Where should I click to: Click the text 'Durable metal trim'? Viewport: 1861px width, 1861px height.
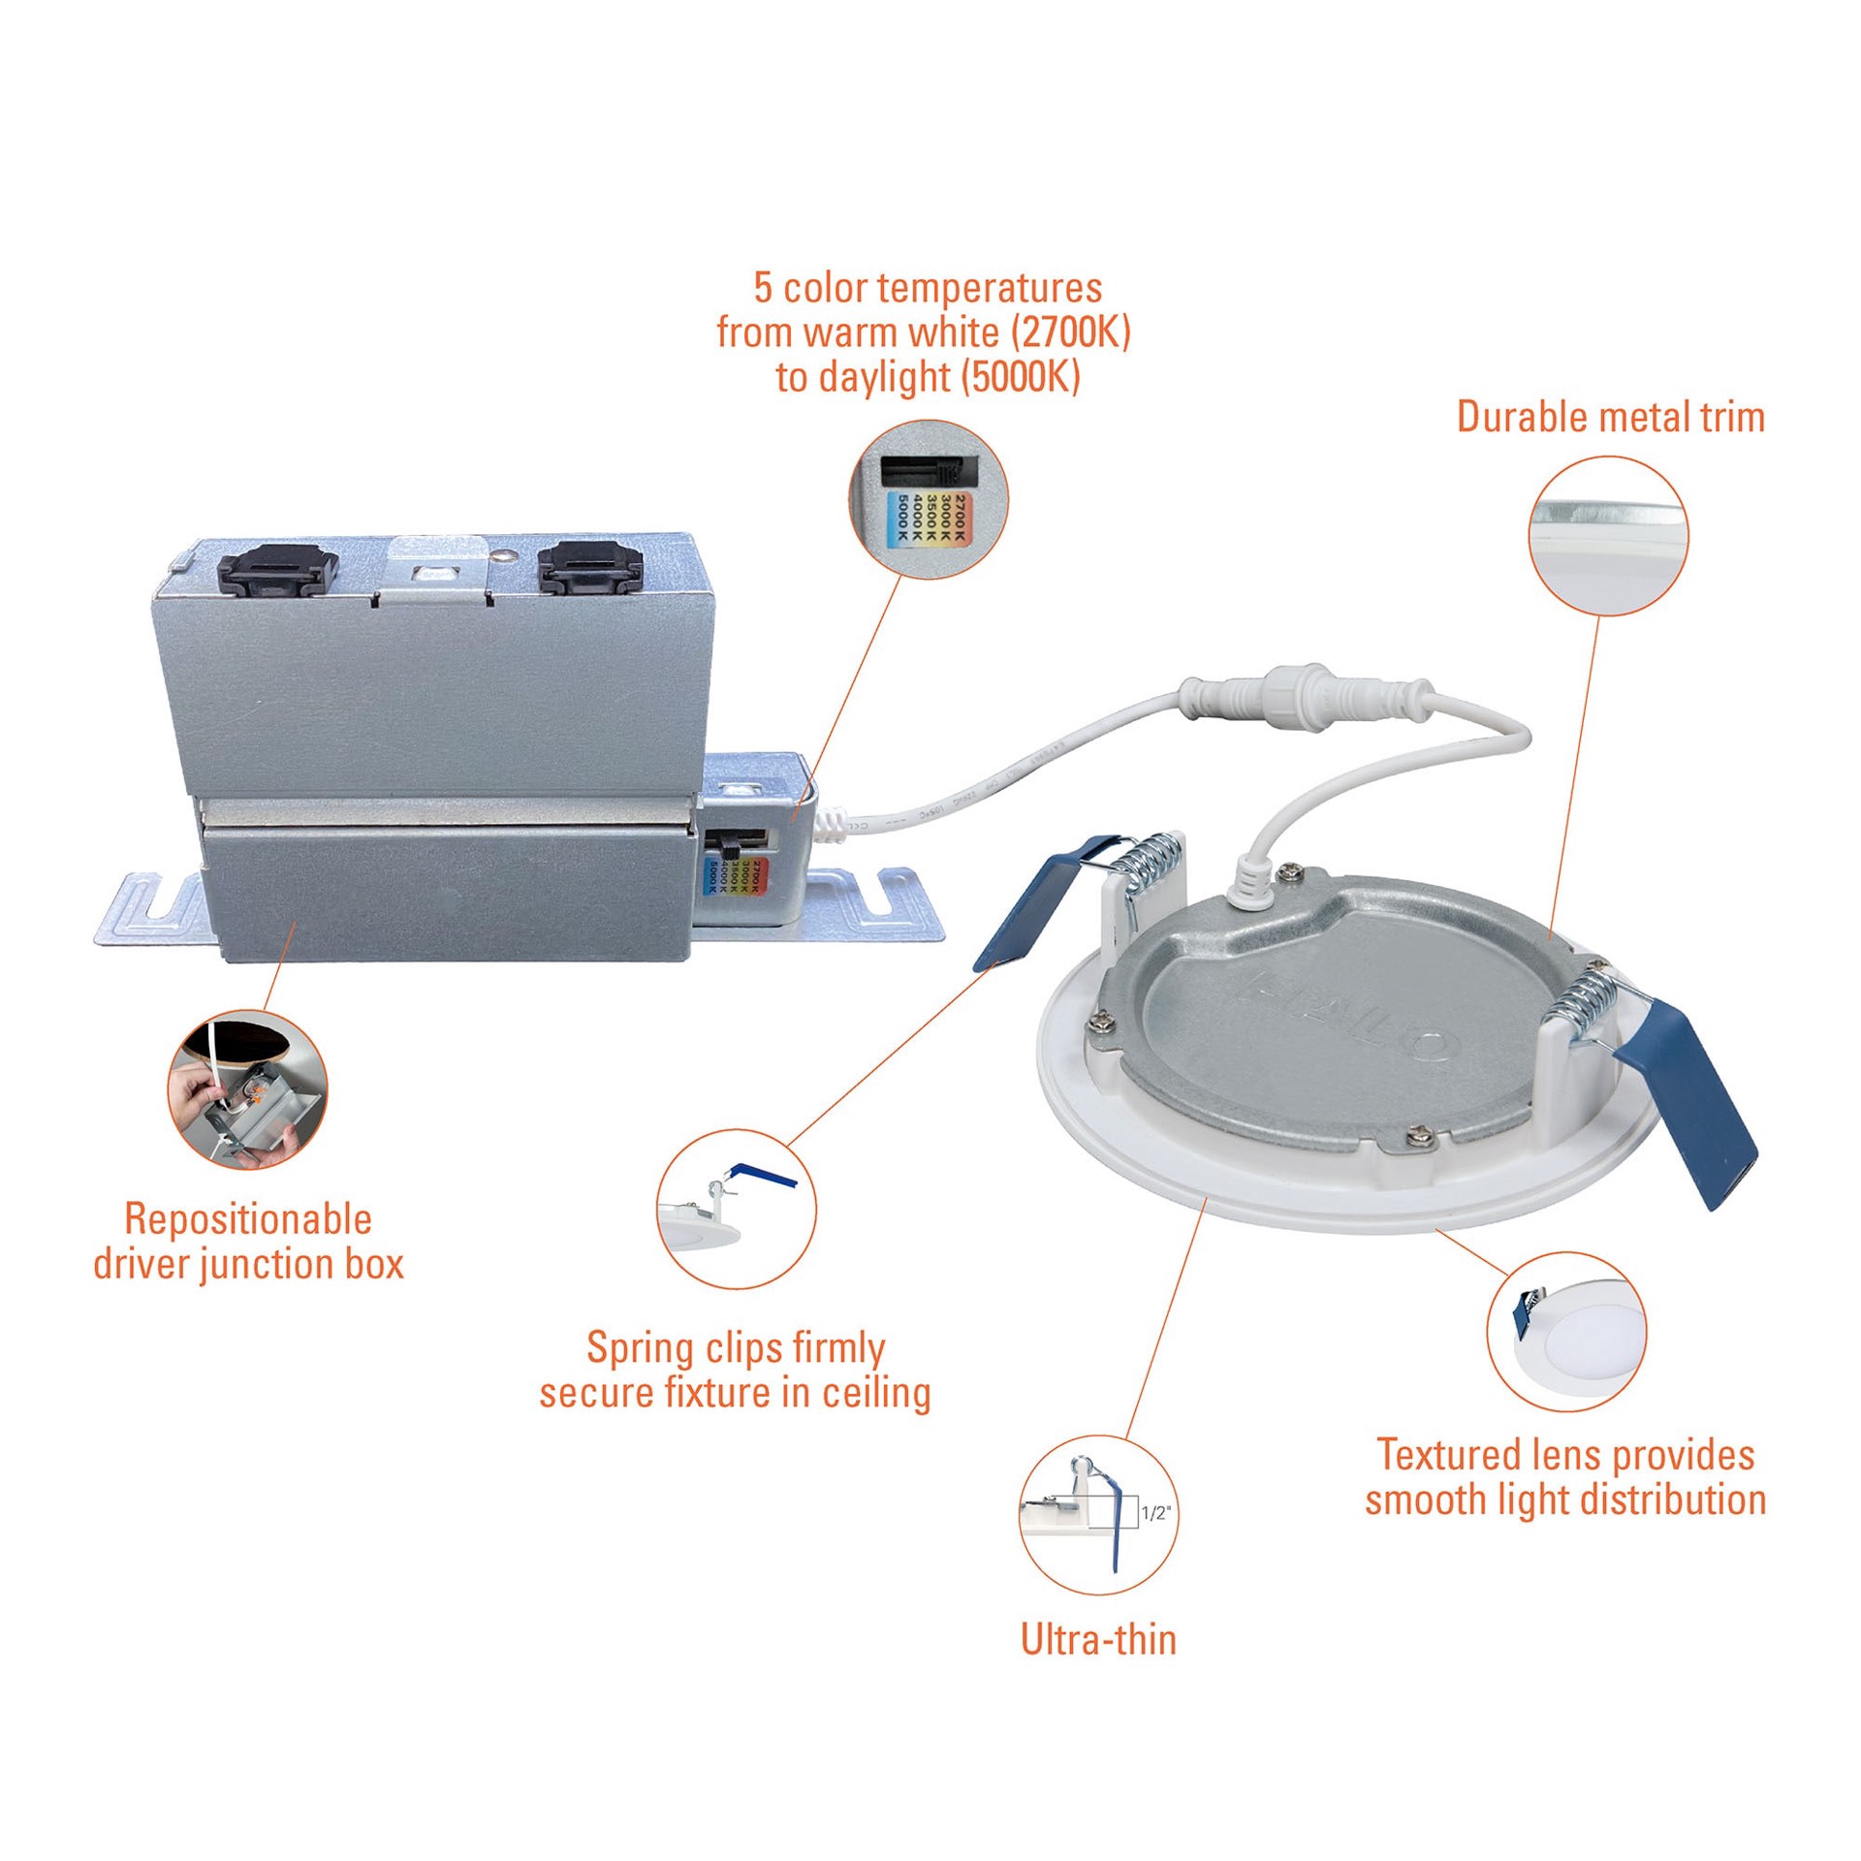(x=1610, y=418)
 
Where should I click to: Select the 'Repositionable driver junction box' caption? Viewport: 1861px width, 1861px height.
(x=248, y=1242)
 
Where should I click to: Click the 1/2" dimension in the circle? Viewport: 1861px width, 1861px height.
(x=1155, y=1513)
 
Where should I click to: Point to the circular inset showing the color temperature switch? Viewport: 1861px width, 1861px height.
(x=929, y=500)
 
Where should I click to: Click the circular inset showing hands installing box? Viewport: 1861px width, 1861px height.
(x=248, y=1088)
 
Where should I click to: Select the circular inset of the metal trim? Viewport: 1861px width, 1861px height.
(x=1608, y=536)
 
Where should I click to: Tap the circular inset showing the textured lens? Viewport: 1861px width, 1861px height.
(x=1565, y=1331)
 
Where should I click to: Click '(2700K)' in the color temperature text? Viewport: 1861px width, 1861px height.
(x=1071, y=332)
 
